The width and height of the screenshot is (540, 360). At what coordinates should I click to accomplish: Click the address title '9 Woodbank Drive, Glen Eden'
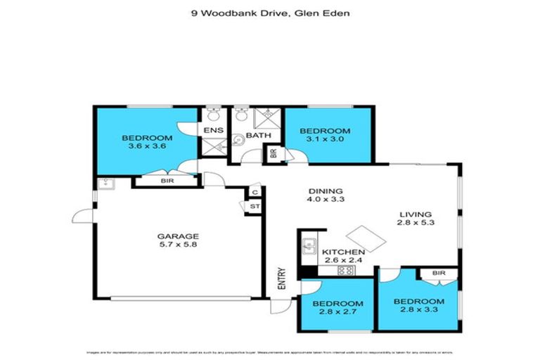pyautogui.click(x=269, y=11)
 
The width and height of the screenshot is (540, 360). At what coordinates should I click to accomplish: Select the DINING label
pyautogui.click(x=325, y=191)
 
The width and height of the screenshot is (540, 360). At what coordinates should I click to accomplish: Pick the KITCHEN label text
pyautogui.click(x=343, y=252)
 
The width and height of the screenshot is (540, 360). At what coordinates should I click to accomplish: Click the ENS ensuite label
pyautogui.click(x=212, y=131)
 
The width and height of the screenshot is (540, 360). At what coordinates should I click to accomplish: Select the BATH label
pyautogui.click(x=258, y=135)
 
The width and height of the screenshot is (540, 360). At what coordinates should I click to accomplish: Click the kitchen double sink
pyautogui.click(x=308, y=246)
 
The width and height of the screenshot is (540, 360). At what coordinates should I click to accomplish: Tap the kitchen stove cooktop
pyautogui.click(x=345, y=271)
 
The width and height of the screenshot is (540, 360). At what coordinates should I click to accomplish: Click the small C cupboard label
pyautogui.click(x=255, y=193)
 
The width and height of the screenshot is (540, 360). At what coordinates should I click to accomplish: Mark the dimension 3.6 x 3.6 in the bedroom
pyautogui.click(x=146, y=147)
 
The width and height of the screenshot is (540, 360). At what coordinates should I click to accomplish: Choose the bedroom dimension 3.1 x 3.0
pyautogui.click(x=324, y=141)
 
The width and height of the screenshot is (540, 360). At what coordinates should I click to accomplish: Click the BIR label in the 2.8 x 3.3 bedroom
pyautogui.click(x=439, y=272)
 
